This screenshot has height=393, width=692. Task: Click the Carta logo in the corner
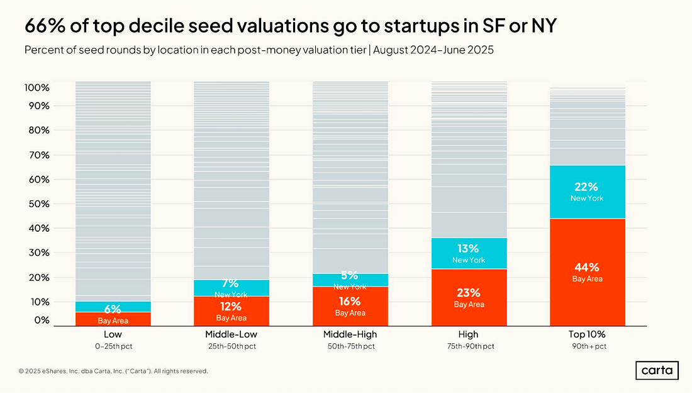point(657,370)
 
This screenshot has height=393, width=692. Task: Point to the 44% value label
point(587,267)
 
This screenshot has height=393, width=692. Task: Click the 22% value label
point(587,187)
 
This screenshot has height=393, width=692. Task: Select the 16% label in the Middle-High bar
point(350,301)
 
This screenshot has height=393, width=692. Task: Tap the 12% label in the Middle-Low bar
point(231,306)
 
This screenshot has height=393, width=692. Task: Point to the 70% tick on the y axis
point(37,155)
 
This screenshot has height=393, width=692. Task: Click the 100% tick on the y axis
point(37,87)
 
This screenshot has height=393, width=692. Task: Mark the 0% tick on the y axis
point(41,320)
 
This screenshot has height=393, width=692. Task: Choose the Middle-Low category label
point(231,334)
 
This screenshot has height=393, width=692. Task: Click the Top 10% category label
point(587,334)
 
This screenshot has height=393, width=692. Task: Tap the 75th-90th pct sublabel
point(469,346)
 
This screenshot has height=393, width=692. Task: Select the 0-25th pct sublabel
point(113,346)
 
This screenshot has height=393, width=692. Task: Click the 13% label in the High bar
point(469,248)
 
